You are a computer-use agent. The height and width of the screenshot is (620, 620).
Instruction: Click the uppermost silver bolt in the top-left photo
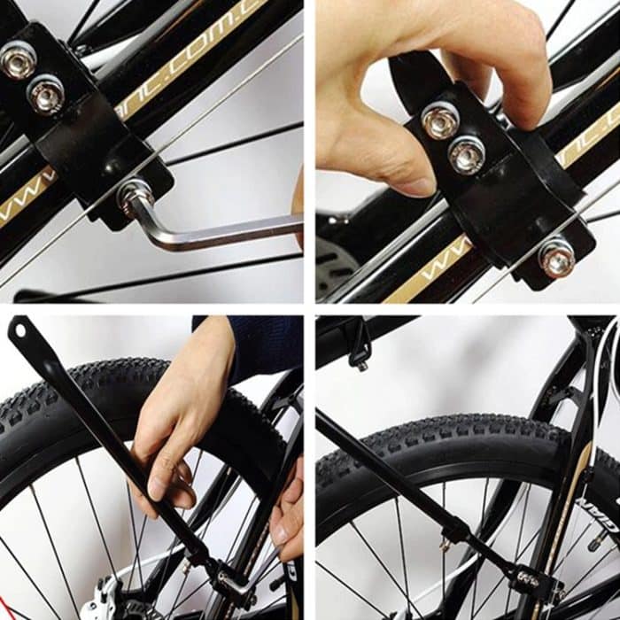click(x=17, y=59)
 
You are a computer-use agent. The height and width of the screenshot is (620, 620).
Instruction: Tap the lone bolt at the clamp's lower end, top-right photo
click(x=556, y=257)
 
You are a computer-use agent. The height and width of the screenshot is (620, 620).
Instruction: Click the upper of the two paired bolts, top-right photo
click(x=440, y=120)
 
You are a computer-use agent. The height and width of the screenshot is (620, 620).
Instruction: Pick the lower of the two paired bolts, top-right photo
click(x=467, y=156)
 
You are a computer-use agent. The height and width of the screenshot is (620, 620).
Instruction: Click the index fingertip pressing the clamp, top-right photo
click(x=531, y=111)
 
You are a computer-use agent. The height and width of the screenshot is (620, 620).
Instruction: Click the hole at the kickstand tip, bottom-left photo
click(x=19, y=331)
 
